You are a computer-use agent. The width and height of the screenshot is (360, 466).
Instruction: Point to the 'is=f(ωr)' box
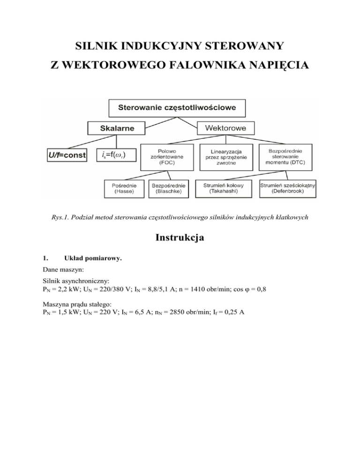click(114, 155)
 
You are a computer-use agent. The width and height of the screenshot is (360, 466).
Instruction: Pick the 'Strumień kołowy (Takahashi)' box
click(226, 189)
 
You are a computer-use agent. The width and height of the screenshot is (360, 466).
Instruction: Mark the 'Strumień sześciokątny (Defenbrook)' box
click(287, 189)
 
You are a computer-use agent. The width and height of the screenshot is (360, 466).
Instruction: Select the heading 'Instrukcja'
click(180, 238)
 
